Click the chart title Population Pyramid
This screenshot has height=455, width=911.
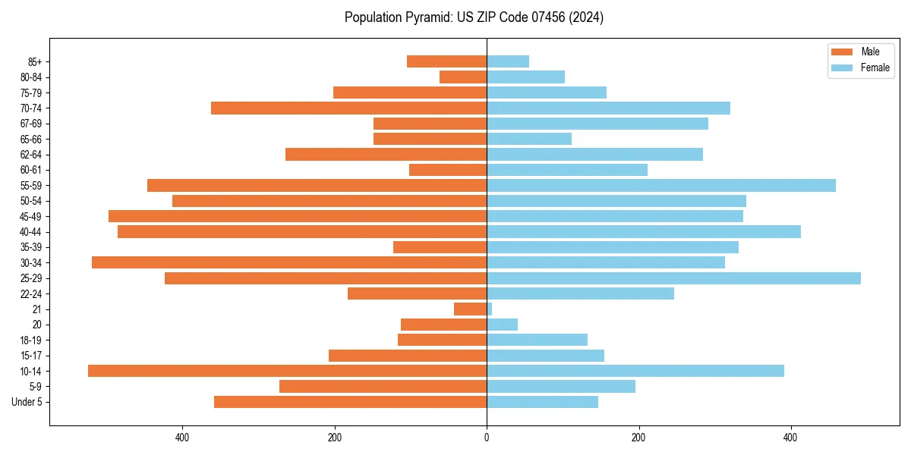pos(474,17)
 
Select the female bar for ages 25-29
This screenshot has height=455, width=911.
pos(673,278)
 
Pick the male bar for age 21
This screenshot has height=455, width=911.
pos(470,309)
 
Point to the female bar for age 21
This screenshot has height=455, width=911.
pos(490,309)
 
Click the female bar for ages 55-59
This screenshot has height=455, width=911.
pos(660,185)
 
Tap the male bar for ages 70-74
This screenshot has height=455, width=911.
pos(348,108)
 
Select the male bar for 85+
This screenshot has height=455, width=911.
pos(446,61)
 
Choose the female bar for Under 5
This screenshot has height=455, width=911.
pos(542,402)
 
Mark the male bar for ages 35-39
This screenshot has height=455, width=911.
pos(440,247)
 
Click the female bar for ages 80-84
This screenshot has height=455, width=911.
pos(525,77)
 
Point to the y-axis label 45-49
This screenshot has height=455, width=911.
pos(31,216)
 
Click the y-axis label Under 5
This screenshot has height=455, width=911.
pos(27,402)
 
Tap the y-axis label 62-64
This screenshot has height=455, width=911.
pos(31,155)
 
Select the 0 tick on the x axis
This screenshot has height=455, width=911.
pos(487,438)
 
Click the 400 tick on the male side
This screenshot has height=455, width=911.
pos(182,438)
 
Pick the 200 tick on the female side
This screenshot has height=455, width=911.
pos(639,438)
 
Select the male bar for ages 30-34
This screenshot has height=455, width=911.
pos(289,262)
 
